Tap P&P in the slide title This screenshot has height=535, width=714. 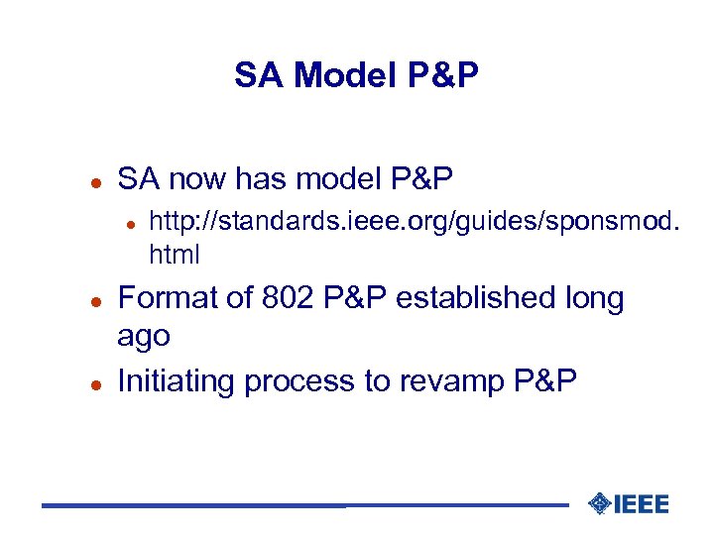click(x=443, y=74)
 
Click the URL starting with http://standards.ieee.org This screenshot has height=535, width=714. click(x=415, y=226)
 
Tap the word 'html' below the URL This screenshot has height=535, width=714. click(x=174, y=255)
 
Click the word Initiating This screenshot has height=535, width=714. click(x=177, y=380)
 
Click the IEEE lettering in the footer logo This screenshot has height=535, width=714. click(x=642, y=504)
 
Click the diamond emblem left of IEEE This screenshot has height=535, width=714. click(x=598, y=504)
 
